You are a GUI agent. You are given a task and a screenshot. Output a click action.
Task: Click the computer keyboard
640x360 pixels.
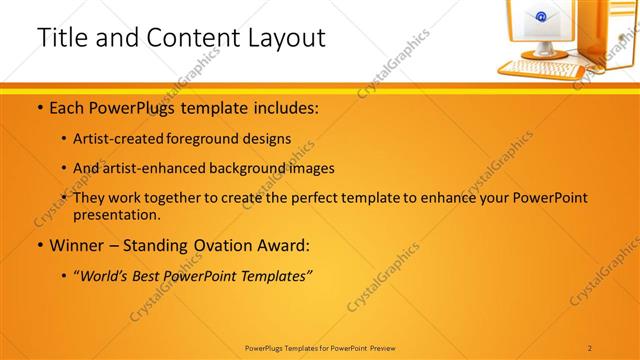[539, 69]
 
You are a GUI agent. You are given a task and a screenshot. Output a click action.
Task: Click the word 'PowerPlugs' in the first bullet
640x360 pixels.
[122, 105]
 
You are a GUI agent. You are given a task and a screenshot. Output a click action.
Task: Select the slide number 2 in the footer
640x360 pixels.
[590, 348]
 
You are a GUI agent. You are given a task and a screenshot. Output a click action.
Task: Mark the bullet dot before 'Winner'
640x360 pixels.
[39, 246]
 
